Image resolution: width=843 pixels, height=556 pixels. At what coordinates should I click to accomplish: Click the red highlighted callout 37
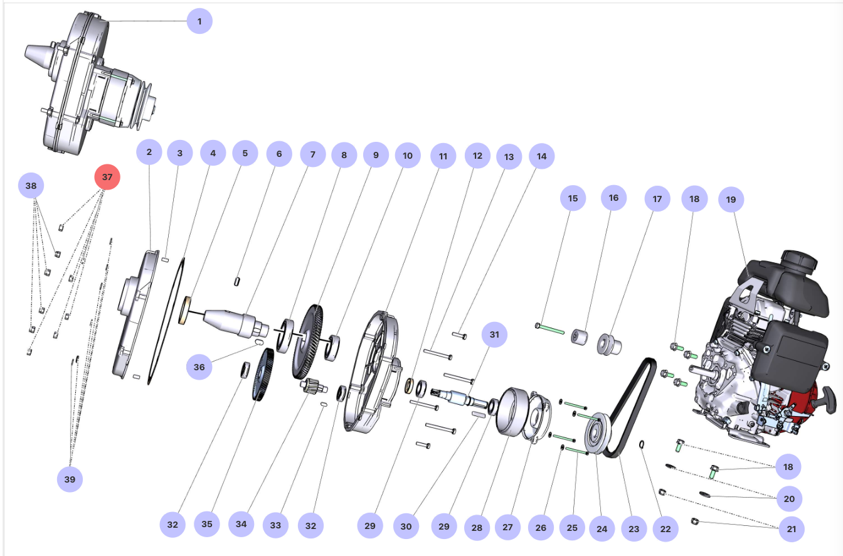pos(107,178)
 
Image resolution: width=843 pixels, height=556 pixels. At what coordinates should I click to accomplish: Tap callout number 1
pos(199,22)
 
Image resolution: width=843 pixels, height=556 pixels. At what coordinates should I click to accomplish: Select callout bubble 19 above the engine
pos(731,200)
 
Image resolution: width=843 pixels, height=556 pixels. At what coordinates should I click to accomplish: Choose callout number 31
pos(494,335)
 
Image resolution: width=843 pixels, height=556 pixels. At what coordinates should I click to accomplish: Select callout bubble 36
pos(199,367)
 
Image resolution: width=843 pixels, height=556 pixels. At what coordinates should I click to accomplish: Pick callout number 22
pos(665,529)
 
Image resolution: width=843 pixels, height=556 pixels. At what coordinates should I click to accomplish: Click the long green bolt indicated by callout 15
pos(550,329)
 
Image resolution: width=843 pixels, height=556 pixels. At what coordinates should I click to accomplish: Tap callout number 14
pos(541,156)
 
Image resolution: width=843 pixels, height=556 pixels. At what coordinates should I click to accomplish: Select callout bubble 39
pos(70,479)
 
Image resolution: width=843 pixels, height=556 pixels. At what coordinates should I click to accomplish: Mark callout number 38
pos(31,186)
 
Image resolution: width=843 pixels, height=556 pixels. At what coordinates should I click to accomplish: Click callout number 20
pos(789,500)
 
